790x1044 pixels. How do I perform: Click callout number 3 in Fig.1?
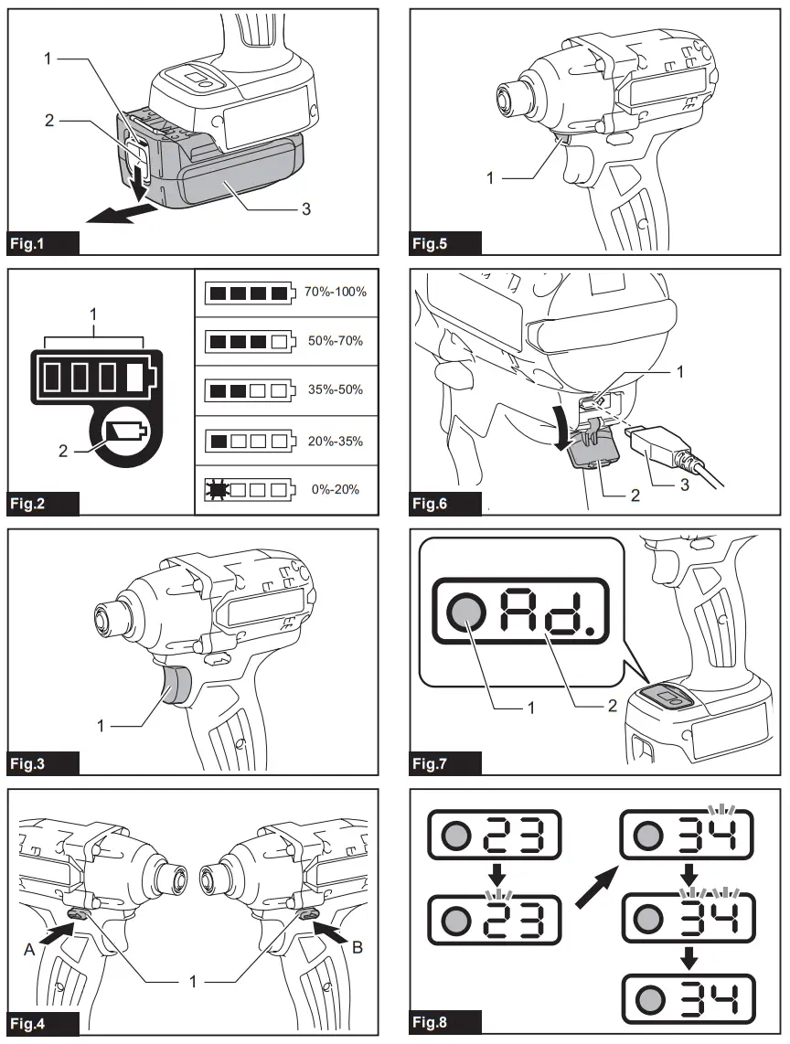click(305, 209)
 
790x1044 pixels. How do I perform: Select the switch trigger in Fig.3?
click(175, 687)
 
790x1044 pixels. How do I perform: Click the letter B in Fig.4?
click(358, 948)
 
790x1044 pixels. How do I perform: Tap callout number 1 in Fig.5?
click(490, 178)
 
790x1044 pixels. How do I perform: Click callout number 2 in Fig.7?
click(613, 707)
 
